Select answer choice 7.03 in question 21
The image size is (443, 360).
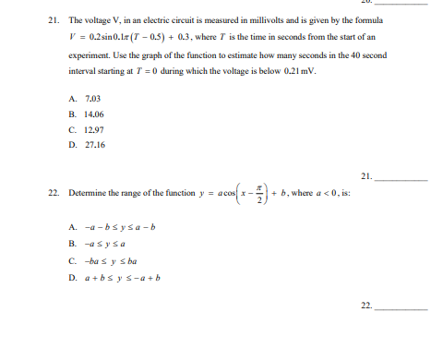91,95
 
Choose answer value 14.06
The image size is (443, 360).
93,113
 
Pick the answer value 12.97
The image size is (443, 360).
93,129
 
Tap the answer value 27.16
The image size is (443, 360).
93,146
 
